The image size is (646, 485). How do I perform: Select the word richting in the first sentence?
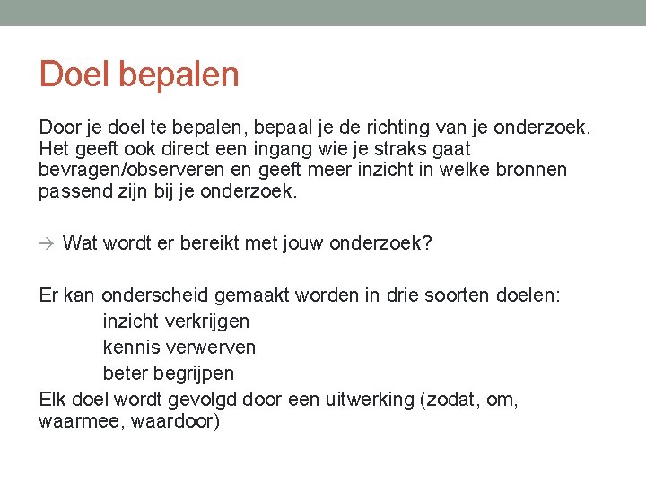point(403,128)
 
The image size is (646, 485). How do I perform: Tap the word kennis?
point(131,347)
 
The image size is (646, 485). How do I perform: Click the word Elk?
point(53,398)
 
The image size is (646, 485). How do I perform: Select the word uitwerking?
point(369,398)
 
